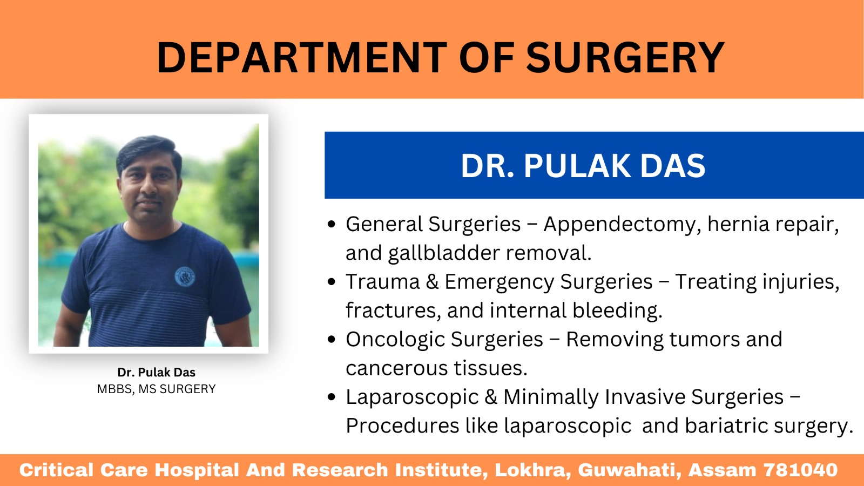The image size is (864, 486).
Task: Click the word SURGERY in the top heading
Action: [x=625, y=57]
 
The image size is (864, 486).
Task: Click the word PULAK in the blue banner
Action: [x=577, y=166]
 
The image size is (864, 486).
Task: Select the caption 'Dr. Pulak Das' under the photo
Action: [x=156, y=372]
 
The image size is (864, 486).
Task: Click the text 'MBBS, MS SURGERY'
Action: [x=156, y=389]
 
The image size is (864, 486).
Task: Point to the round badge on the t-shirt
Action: [x=185, y=277]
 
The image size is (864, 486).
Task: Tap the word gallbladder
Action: [x=443, y=254]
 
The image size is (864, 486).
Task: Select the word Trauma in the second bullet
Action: [x=383, y=281]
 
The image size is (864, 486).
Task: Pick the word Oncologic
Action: [x=395, y=340]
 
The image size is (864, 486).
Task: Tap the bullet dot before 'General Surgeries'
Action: [x=332, y=224]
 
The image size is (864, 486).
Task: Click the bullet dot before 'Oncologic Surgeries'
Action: [x=332, y=340]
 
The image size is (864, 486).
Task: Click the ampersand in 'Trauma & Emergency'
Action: [x=432, y=281]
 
